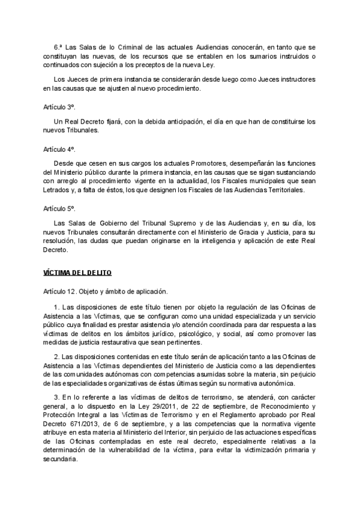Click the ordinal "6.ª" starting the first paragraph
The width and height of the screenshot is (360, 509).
click(58, 46)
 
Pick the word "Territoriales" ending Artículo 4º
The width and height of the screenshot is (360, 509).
click(286, 190)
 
